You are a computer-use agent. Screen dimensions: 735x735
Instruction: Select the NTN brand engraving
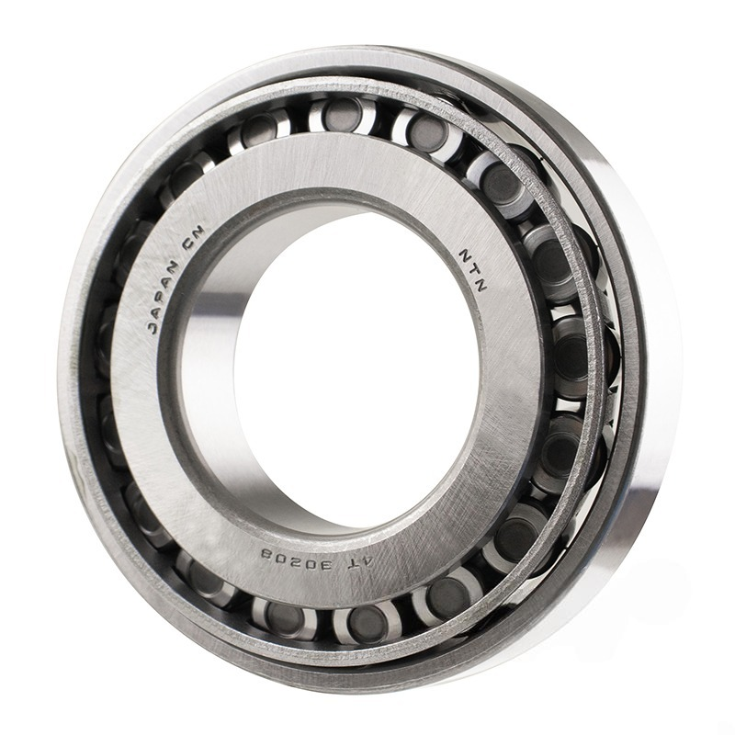474,270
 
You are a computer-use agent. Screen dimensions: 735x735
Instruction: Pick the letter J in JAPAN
153,328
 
